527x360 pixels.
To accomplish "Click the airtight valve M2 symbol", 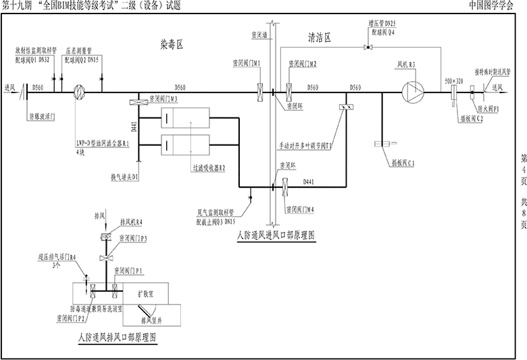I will click(288, 92).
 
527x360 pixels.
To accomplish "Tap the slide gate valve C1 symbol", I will click(383, 145).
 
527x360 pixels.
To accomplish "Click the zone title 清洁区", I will click(319, 38).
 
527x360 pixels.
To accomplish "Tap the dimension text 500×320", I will click(453, 80).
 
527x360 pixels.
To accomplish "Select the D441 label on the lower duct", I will click(309, 182).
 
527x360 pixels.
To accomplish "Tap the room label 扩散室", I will click(146, 294).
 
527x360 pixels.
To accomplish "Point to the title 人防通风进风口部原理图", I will click(275, 235).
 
